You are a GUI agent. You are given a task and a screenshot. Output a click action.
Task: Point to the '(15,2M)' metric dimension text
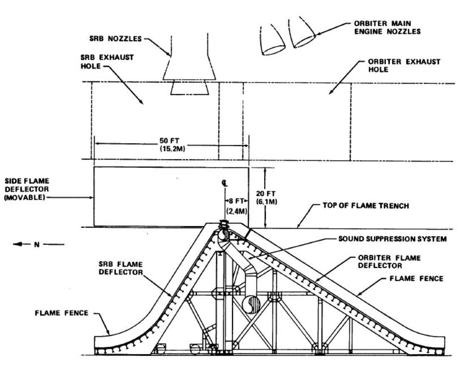coord(170,148)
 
